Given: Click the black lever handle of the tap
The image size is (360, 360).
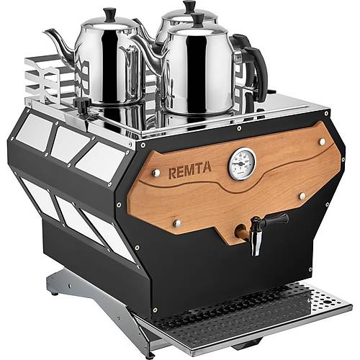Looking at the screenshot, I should point(276,220).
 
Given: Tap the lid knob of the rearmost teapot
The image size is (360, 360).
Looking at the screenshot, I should point(189,6).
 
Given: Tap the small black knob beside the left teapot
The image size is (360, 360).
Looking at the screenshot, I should point(81,106).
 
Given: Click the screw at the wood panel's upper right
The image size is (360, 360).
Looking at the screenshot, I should point(322,143).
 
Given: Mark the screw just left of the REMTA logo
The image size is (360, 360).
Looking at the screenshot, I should point(156,173).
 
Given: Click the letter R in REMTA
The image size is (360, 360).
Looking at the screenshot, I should point(172,174).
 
